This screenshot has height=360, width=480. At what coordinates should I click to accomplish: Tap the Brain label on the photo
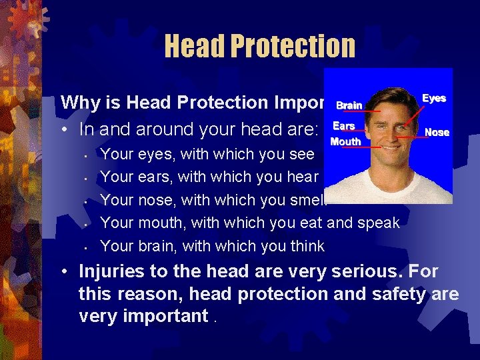coord(349,105)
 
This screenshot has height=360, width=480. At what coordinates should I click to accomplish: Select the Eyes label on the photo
coord(434,98)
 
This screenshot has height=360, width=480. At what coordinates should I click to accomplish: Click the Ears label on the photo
coord(344,125)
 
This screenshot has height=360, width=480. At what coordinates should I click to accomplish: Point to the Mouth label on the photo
coord(345,141)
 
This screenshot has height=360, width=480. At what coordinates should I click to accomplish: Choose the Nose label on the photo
coord(437,132)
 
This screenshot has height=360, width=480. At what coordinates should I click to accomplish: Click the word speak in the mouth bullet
coord(378,223)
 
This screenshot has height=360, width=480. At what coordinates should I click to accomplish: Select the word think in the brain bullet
coord(307,246)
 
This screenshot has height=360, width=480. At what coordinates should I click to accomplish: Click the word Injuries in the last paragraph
coord(111,272)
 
